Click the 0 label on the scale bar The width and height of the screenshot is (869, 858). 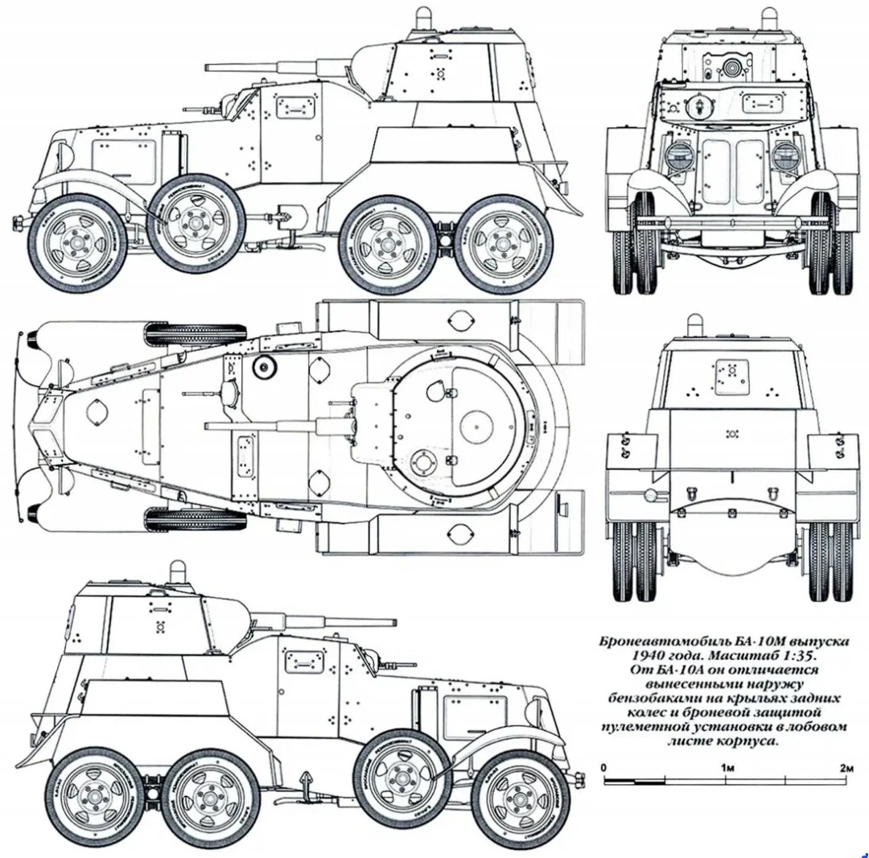pos(604,768)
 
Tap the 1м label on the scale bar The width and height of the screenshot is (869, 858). pos(729,768)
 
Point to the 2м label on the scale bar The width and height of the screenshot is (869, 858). pos(846,768)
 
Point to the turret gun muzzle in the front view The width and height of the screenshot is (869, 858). pos(732,68)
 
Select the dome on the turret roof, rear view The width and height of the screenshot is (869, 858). pos(694,326)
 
